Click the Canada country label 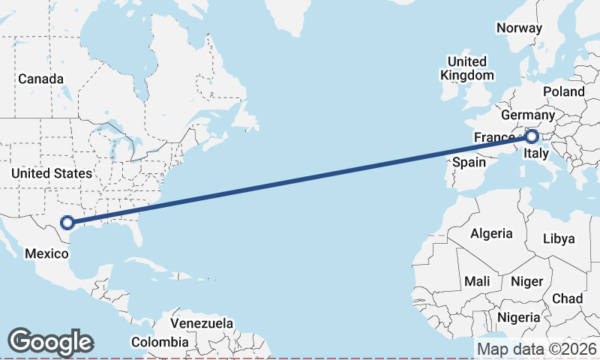[x=41, y=79]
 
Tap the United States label [x=52, y=173]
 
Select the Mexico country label [x=46, y=253]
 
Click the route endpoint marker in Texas [x=67, y=222]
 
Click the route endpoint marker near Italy [x=531, y=136]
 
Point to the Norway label [x=519, y=28]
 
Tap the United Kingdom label [x=467, y=68]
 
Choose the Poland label [x=564, y=91]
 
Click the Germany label [x=527, y=115]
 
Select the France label [x=493, y=137]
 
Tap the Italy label [x=536, y=154]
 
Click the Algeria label [x=491, y=233]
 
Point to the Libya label [x=559, y=238]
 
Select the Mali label [x=477, y=281]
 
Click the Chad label [x=567, y=298]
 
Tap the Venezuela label [x=202, y=323]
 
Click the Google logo [x=50, y=342]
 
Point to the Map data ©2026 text [x=537, y=349]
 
